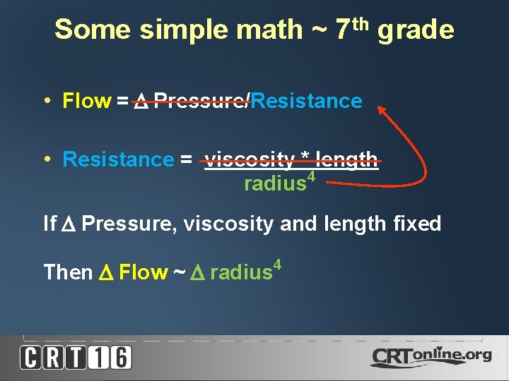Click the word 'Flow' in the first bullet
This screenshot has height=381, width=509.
pyautogui.click(x=87, y=102)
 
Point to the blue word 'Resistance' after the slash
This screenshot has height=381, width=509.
pyautogui.click(x=306, y=102)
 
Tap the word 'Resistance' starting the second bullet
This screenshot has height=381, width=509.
pyautogui.click(x=118, y=160)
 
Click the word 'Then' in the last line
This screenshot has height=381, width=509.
pyautogui.click(x=69, y=272)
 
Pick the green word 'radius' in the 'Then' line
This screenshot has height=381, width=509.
pyautogui.click(x=241, y=272)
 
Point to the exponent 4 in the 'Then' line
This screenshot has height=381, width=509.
pyautogui.click(x=277, y=265)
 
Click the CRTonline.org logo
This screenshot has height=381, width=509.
pyautogui.click(x=431, y=357)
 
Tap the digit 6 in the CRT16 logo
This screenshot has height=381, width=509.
pyautogui.click(x=120, y=357)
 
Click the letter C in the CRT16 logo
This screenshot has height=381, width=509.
pyautogui.click(x=30, y=357)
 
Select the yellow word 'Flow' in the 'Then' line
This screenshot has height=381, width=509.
pyautogui.click(x=144, y=272)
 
